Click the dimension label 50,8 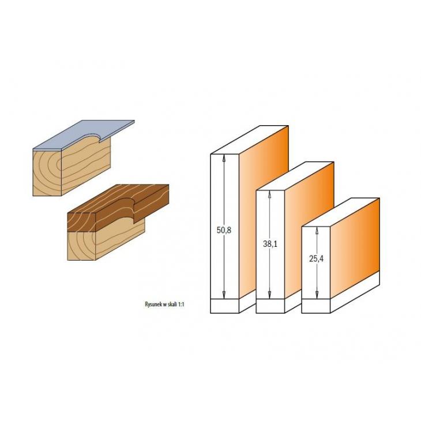click(224, 230)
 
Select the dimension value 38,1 click(270, 244)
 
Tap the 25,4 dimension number click(316, 259)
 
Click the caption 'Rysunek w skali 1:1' click(164, 305)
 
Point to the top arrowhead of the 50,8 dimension click(224, 159)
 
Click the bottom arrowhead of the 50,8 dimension click(224, 295)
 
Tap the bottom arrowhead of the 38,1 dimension click(269, 295)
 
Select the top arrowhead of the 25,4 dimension click(317, 231)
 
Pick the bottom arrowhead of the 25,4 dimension click(317, 295)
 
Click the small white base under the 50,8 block click(224, 306)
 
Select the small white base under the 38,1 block click(270, 306)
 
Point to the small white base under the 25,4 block click(316, 306)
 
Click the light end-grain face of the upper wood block click(47, 172)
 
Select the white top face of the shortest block click(340, 212)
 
